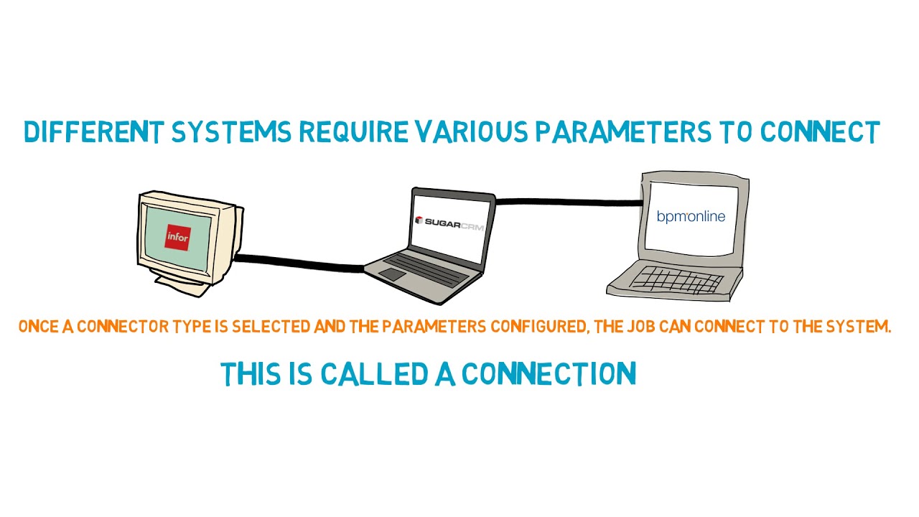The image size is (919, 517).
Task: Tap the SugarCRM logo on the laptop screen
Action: [x=449, y=223]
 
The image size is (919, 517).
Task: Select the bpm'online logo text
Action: [x=691, y=216]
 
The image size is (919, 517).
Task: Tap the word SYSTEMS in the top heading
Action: [x=232, y=133]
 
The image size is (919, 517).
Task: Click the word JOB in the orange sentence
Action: [x=642, y=327]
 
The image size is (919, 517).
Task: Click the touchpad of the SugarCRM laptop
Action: [x=392, y=275]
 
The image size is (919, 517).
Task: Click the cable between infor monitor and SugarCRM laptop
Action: [x=298, y=263]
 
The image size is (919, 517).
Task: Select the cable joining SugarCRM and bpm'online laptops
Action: [x=567, y=202]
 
